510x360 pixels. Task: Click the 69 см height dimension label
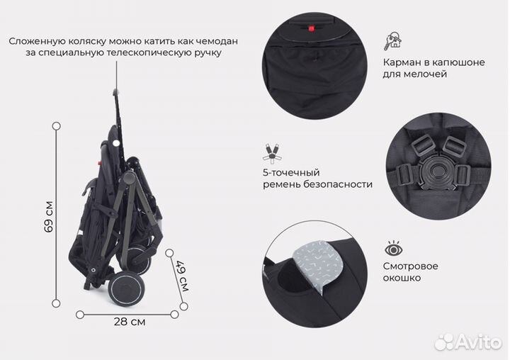(48, 217)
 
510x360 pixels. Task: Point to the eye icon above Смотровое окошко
(394, 249)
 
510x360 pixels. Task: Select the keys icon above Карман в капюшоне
(392, 40)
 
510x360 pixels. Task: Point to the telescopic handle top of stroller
(115, 90)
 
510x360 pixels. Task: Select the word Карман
(403, 62)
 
